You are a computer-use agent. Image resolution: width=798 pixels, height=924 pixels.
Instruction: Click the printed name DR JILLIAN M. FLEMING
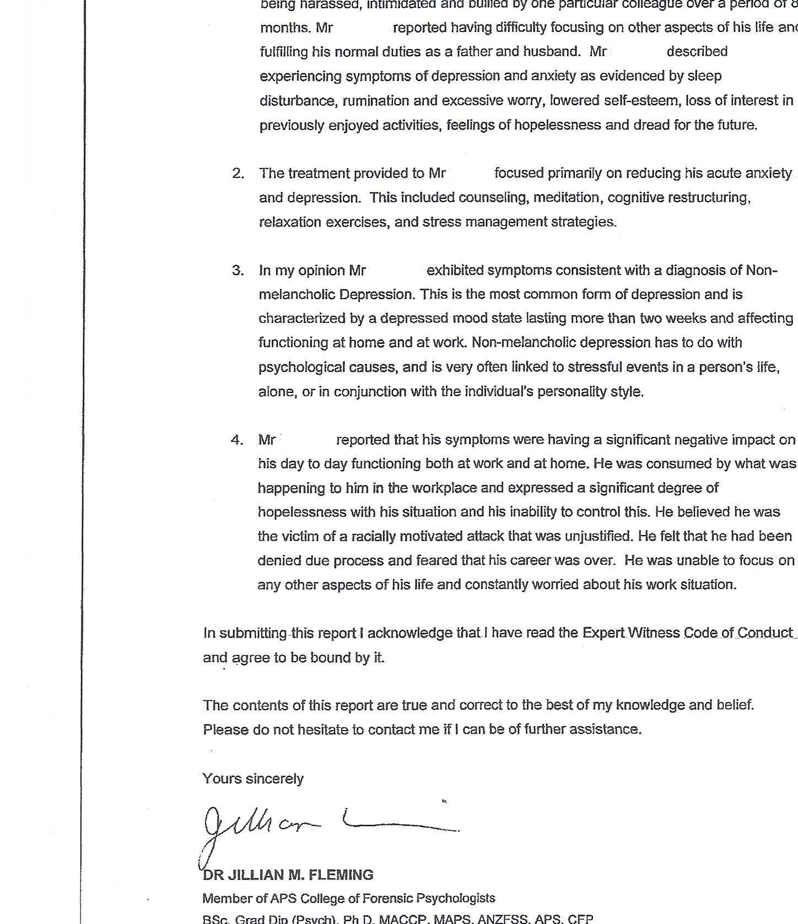(288, 875)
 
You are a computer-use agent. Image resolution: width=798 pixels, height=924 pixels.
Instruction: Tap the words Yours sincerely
(253, 779)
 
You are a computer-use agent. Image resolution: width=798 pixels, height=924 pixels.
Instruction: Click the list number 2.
(238, 174)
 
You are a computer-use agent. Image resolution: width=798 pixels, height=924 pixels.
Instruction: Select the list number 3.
(238, 271)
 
